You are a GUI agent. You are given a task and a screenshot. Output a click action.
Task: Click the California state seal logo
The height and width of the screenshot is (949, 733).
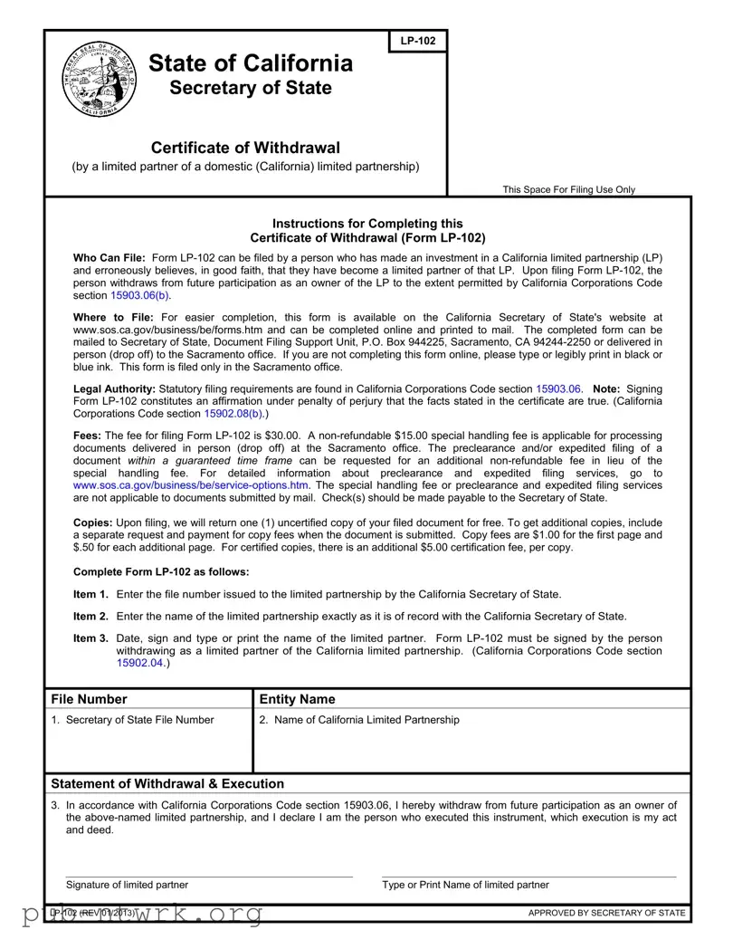click(x=100, y=81)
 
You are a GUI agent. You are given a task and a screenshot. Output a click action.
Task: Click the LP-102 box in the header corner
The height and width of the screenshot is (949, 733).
click(x=418, y=42)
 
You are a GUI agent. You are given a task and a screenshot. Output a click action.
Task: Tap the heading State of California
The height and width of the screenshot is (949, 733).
click(x=251, y=63)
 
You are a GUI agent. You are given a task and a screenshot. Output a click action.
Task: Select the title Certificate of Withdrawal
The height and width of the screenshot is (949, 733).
click(x=245, y=148)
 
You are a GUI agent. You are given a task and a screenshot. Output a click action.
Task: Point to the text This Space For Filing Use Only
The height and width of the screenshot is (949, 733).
click(x=569, y=189)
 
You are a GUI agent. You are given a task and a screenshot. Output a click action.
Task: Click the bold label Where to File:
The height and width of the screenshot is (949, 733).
click(x=113, y=317)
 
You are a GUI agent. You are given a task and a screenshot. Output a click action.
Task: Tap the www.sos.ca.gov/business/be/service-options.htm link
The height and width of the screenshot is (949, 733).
click(x=190, y=485)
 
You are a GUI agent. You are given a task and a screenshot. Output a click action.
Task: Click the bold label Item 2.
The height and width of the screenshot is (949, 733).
click(x=90, y=616)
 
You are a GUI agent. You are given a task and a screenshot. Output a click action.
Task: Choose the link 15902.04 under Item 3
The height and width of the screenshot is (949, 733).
click(x=140, y=663)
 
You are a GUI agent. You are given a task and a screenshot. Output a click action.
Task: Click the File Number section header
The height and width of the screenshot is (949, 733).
click(x=90, y=699)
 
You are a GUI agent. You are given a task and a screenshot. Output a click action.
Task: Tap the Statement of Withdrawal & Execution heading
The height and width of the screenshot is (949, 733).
click(x=167, y=783)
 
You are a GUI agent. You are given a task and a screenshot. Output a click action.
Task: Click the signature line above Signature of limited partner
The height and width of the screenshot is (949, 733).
click(x=209, y=876)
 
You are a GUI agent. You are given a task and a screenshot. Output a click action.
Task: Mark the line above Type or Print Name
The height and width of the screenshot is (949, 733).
click(x=528, y=876)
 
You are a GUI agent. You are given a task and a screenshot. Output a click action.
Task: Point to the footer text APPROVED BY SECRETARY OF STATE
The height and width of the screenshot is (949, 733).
click(x=606, y=912)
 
